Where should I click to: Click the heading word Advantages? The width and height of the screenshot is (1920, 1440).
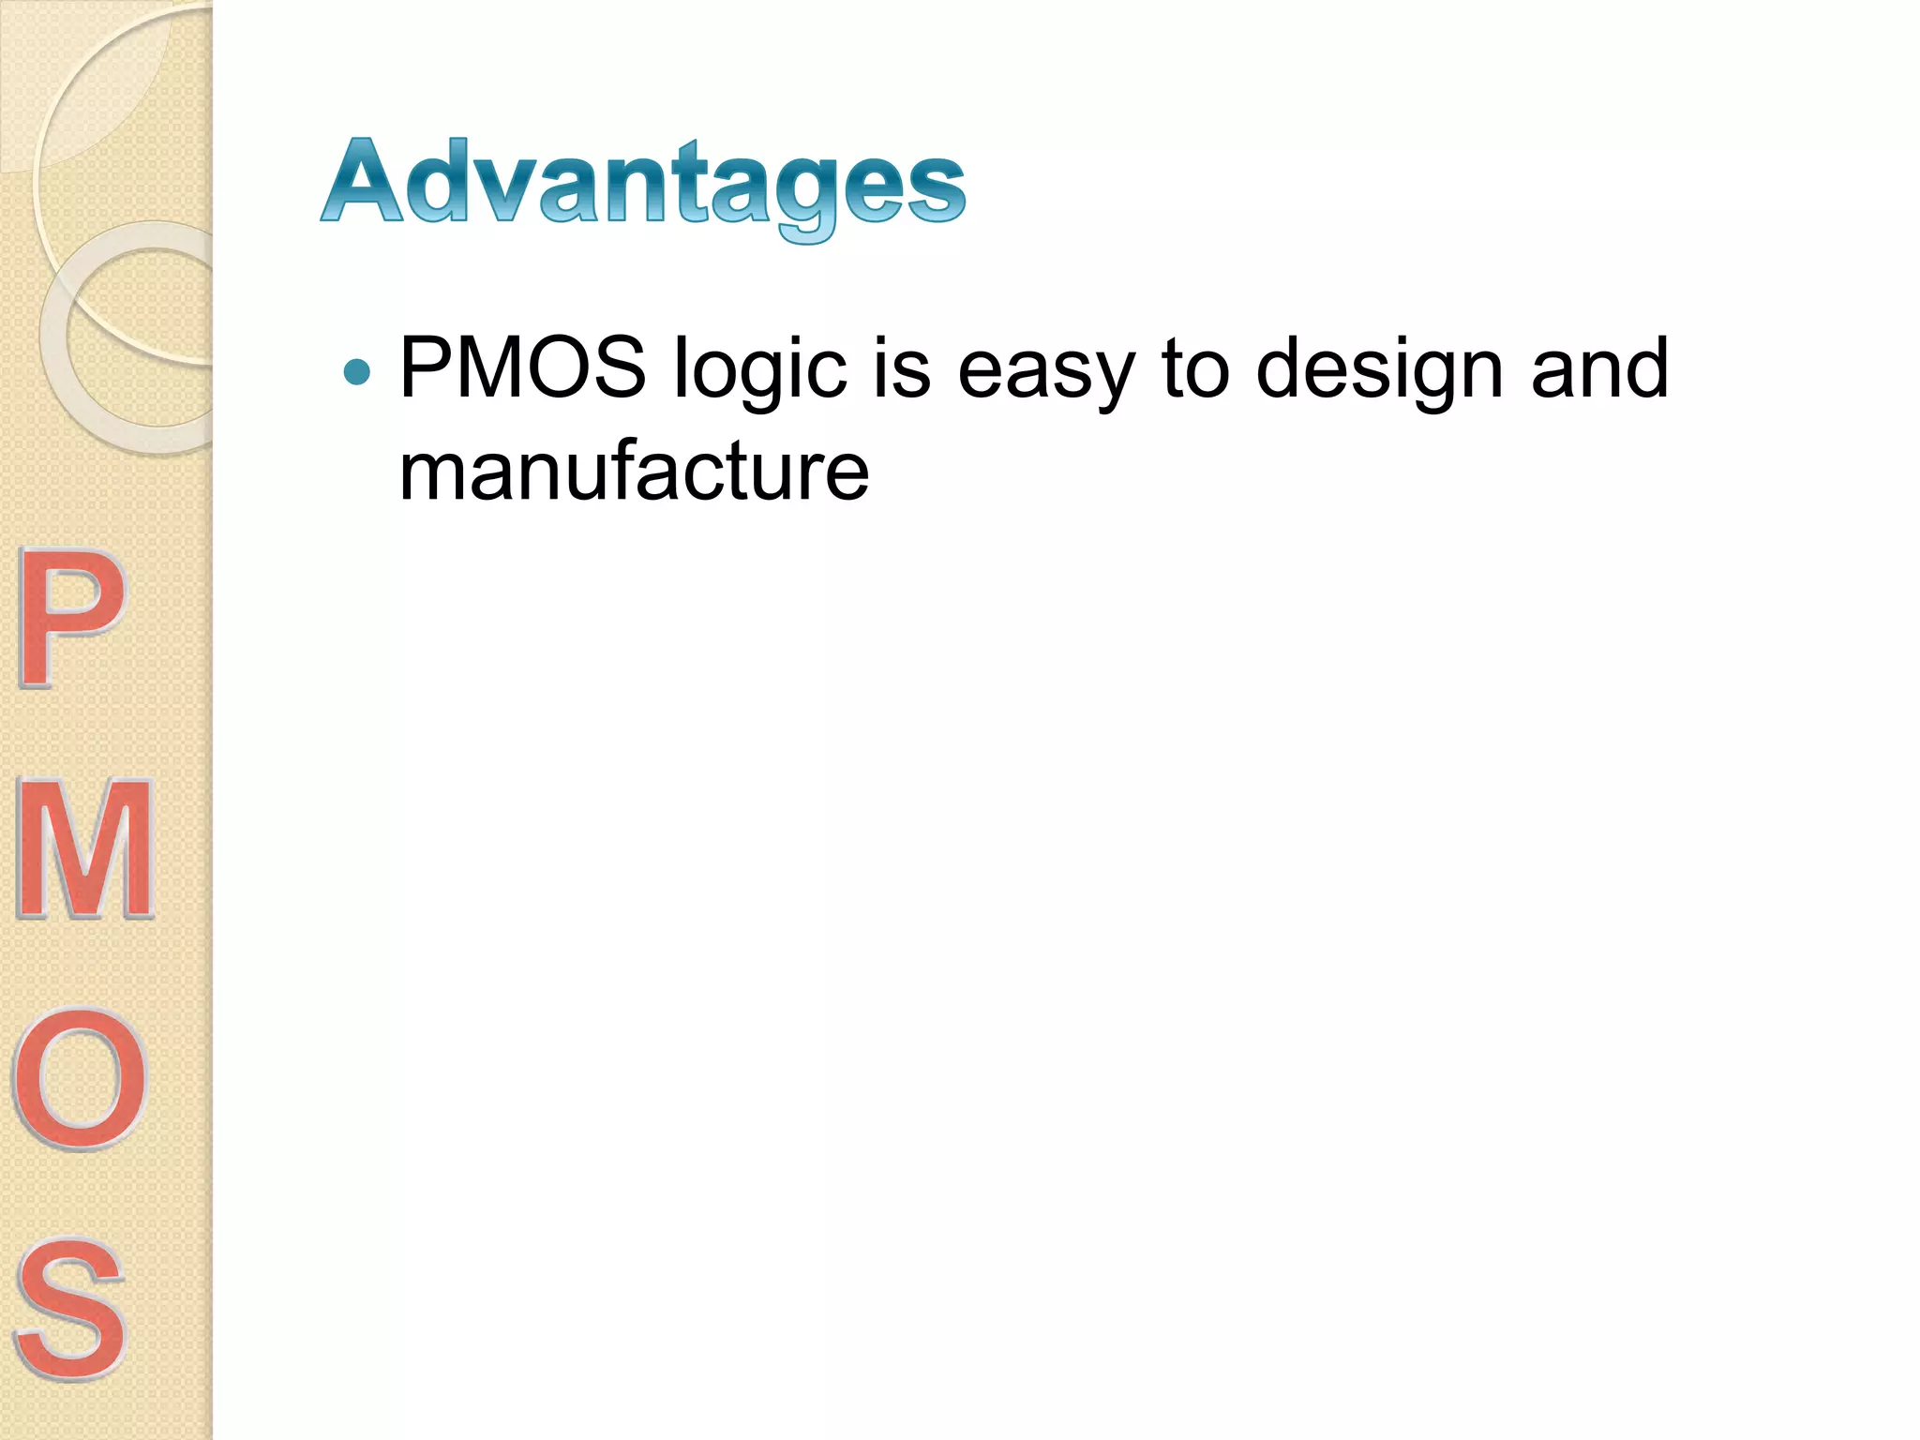click(x=643, y=183)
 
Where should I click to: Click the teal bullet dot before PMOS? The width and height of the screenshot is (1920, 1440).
click(x=357, y=372)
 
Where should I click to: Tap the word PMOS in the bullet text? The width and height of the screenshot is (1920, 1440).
click(x=522, y=367)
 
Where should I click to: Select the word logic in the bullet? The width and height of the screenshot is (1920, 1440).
click(x=760, y=370)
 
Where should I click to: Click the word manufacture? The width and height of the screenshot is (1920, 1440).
click(x=634, y=471)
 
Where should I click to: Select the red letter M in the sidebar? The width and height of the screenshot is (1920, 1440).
click(x=84, y=848)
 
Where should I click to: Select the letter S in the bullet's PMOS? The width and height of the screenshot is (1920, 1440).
click(x=614, y=367)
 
